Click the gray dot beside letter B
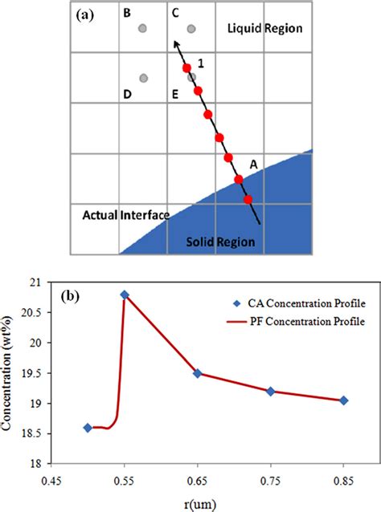(142, 28)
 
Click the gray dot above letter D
(143, 78)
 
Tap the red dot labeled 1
(186, 68)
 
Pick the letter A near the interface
(253, 164)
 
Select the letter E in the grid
(175, 95)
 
